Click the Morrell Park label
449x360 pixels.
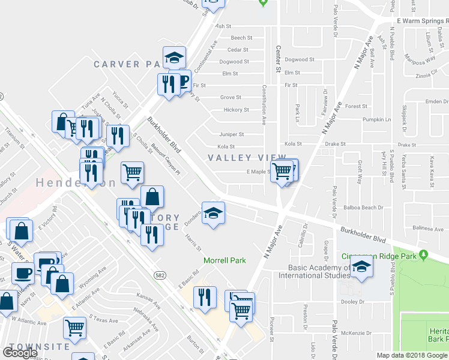[x=225, y=260]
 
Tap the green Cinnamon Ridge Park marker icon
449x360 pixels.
[x=424, y=256]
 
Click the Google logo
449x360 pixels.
[x=20, y=353]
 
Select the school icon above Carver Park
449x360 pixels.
[x=174, y=57]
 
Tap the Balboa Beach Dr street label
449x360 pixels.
[x=364, y=208]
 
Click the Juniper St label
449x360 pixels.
[x=232, y=134]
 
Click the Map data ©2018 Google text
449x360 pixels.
[x=412, y=355]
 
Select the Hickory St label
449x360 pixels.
[x=236, y=110]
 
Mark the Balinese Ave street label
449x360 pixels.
[x=429, y=228]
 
